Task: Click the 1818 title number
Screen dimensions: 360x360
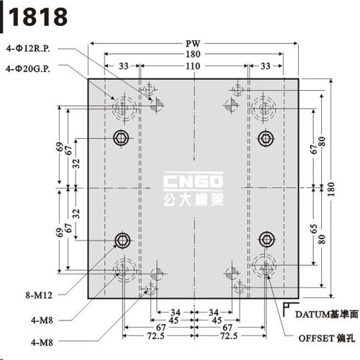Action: point(38,17)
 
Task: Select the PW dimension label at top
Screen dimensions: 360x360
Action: point(193,44)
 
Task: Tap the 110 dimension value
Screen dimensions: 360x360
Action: point(193,66)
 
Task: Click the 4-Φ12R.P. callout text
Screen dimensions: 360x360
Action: point(28,49)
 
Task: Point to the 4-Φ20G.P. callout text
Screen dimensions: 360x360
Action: point(28,69)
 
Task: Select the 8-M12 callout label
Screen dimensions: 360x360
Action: point(39,295)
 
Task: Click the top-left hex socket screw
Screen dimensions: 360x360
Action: point(121,138)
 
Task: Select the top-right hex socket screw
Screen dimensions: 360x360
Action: point(266,138)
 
